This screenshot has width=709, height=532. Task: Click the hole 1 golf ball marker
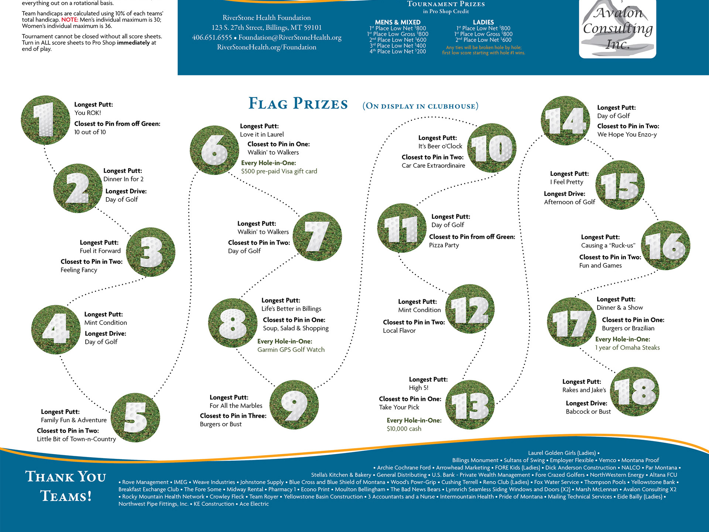[45, 120]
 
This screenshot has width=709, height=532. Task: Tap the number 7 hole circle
[317, 236]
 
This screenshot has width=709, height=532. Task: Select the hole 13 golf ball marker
[470, 405]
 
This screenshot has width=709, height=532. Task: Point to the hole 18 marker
[634, 392]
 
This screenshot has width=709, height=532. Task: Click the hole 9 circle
[294, 405]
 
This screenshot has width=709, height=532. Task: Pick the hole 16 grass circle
[665, 245]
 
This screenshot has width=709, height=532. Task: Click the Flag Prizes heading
[298, 104]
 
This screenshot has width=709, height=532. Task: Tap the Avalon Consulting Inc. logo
[617, 29]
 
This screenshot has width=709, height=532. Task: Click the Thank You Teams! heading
[66, 486]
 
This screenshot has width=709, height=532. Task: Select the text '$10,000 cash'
[404, 429]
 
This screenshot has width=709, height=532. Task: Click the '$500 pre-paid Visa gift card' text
[279, 171]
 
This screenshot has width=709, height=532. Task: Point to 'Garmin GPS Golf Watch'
[291, 350]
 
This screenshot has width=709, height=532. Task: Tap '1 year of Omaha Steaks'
[627, 348]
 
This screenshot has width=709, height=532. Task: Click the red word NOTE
[69, 20]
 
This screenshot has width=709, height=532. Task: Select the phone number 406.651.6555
[212, 37]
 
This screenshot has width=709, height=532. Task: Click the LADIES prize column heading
[483, 22]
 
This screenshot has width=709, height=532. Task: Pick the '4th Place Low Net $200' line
[398, 52]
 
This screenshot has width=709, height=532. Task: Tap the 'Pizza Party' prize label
[444, 245]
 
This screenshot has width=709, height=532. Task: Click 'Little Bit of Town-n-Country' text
[76, 439]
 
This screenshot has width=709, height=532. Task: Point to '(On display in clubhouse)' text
[420, 106]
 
